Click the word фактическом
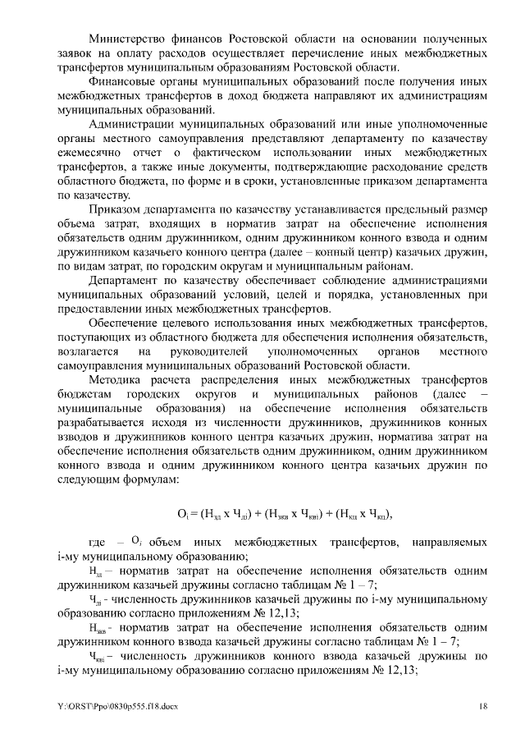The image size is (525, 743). click(247, 153)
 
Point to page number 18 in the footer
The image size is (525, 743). click(484, 705)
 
